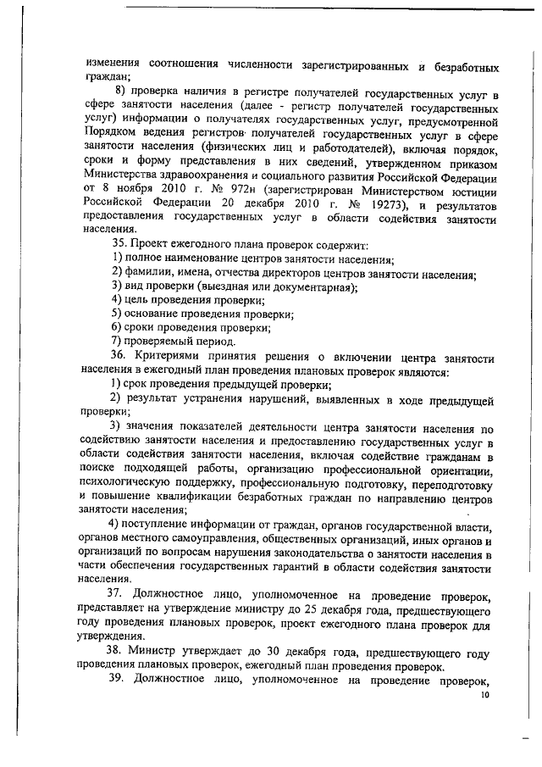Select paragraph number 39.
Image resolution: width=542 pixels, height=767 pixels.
click(x=121, y=681)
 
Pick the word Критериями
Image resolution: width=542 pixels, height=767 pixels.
click(x=176, y=356)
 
